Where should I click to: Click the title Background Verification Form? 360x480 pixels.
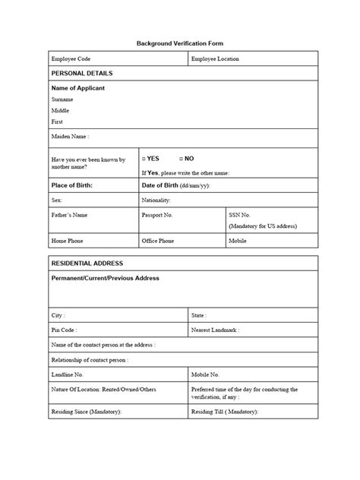coord(180,44)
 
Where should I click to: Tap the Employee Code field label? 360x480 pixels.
coord(71,58)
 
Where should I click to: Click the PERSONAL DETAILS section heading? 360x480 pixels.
coord(81,73)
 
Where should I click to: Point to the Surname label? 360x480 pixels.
coord(63,99)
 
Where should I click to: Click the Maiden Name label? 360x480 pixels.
coord(70,137)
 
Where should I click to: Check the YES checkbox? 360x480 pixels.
coord(144,159)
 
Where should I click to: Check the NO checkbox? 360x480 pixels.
coord(182,159)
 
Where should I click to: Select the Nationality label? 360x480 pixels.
coord(156,201)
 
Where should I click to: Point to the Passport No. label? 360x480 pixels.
coord(158,215)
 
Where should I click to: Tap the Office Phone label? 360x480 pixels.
coord(158,241)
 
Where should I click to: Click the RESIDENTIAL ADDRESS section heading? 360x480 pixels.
coord(86,263)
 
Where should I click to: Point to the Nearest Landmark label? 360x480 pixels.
coord(216,330)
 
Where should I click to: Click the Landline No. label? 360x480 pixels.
coord(68,374)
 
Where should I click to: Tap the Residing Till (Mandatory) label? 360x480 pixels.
coord(225,412)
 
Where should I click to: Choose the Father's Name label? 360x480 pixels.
coord(70,215)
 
